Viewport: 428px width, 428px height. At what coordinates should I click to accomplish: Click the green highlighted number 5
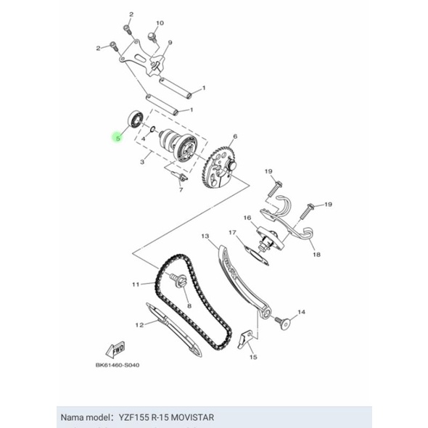[x=118, y=138]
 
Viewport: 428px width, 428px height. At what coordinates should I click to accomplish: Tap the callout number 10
[x=160, y=23]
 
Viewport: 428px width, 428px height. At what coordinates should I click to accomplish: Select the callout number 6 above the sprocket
[x=235, y=136]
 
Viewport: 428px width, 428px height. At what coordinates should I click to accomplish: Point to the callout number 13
[x=205, y=236]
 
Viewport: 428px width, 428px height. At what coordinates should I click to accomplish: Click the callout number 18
[x=316, y=255]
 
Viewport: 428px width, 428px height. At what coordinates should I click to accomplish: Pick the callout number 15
[x=253, y=357]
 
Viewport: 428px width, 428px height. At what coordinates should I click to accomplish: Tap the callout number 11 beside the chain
[x=136, y=284]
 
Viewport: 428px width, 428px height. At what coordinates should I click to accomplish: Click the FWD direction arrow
[x=115, y=350]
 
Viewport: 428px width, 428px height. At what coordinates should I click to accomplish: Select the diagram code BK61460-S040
[x=118, y=365]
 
